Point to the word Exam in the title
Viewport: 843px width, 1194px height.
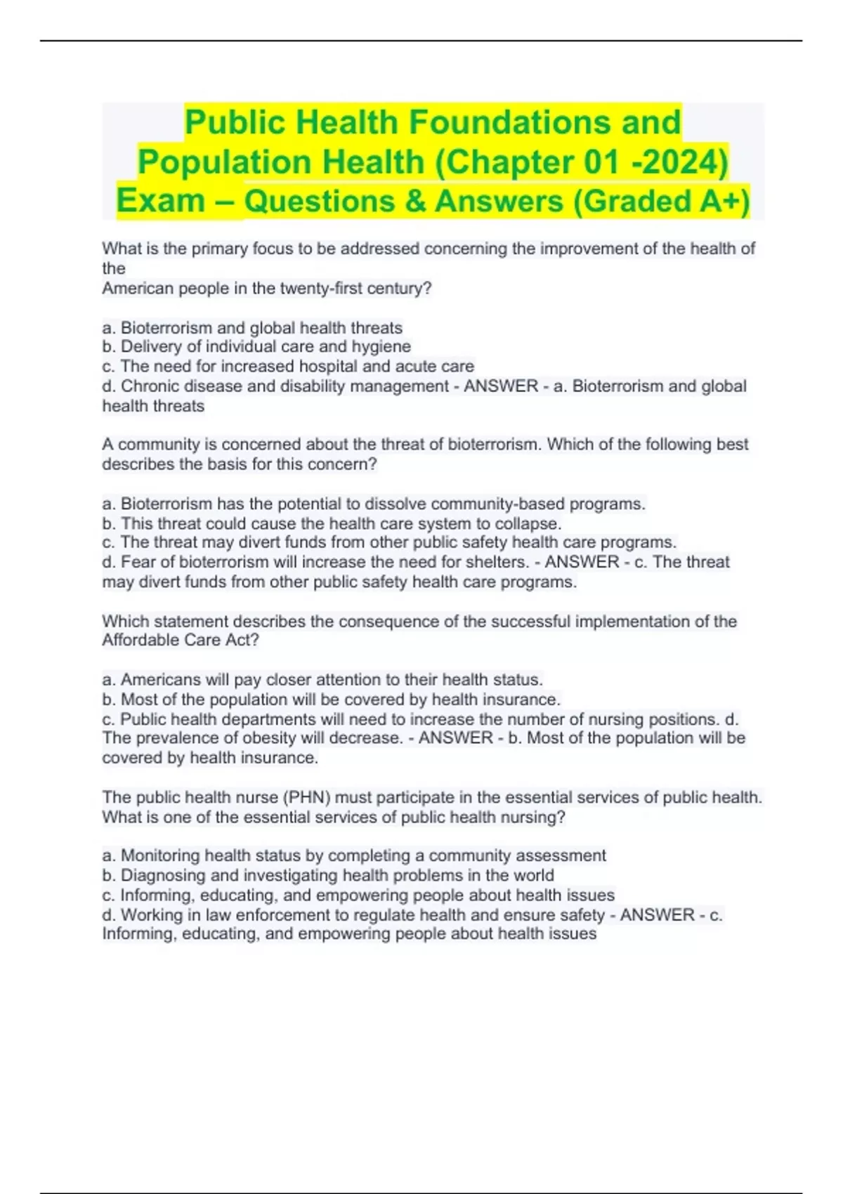[160, 202]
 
